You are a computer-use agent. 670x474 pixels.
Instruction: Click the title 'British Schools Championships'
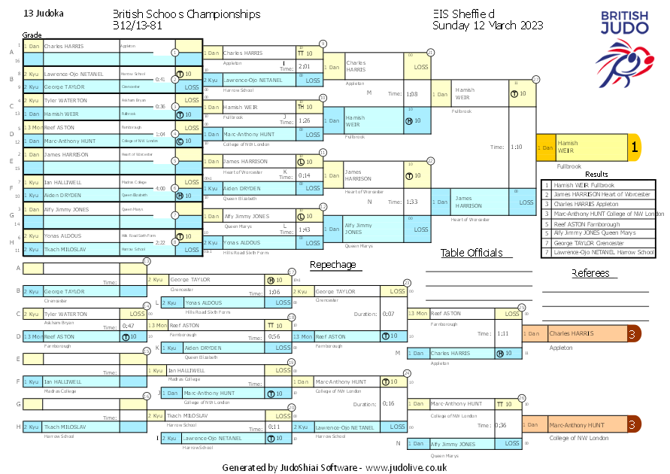(186, 14)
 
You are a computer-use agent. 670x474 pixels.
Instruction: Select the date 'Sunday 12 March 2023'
(487, 25)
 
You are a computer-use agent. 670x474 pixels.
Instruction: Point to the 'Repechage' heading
(332, 265)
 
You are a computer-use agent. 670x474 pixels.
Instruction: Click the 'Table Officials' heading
(471, 253)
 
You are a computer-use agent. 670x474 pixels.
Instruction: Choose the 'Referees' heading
(590, 273)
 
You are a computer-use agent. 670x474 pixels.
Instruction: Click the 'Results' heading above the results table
(596, 174)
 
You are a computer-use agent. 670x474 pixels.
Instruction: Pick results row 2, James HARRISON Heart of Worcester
(599, 195)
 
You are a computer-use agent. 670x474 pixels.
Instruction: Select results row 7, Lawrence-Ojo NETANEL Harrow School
(599, 252)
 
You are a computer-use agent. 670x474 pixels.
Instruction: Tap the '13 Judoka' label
(44, 14)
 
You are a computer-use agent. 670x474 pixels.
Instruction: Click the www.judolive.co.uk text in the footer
(406, 467)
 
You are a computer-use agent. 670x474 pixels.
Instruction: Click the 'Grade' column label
(32, 35)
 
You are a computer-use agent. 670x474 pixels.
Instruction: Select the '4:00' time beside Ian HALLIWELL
(159, 189)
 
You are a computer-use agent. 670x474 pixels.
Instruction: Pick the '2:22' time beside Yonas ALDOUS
(159, 242)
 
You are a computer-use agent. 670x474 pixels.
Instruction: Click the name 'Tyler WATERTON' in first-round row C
(65, 100)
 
